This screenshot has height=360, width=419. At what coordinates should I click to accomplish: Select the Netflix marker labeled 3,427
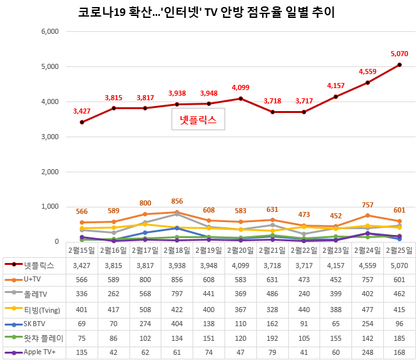82,122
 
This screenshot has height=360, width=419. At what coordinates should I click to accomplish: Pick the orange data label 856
177,201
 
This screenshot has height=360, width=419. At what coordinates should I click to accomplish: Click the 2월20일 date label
240,249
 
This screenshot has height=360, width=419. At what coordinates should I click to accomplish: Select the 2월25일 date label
399,249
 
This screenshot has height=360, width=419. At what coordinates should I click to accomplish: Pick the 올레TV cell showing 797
177,294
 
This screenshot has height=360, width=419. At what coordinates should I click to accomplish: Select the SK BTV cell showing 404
177,323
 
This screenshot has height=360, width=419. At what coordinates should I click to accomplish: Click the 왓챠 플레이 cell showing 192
272,338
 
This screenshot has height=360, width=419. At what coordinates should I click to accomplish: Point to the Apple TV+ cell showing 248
367,352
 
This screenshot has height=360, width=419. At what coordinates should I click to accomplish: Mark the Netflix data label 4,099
240,87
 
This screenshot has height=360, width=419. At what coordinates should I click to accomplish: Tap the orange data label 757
367,205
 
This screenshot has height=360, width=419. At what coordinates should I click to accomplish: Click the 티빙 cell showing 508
145,308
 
